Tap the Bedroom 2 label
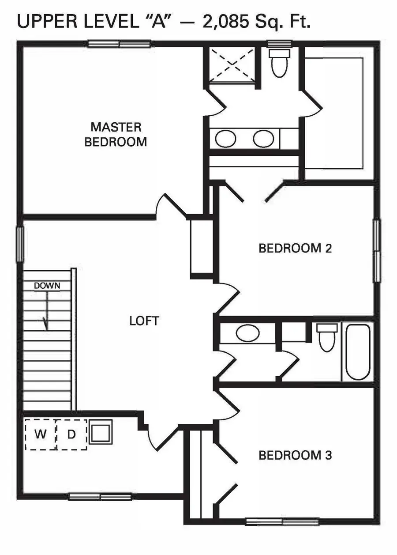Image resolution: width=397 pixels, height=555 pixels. click(x=295, y=248)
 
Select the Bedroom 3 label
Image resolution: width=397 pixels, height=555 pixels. click(x=295, y=455)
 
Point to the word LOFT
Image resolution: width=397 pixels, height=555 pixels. click(x=144, y=321)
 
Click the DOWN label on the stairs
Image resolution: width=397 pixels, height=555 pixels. click(x=47, y=286)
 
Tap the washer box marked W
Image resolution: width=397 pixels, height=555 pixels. click(x=41, y=434)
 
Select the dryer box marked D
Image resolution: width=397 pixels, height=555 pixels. click(x=72, y=434)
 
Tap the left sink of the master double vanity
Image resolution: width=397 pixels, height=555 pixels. click(x=225, y=139)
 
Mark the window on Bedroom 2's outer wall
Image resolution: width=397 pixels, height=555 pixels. click(x=377, y=251)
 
